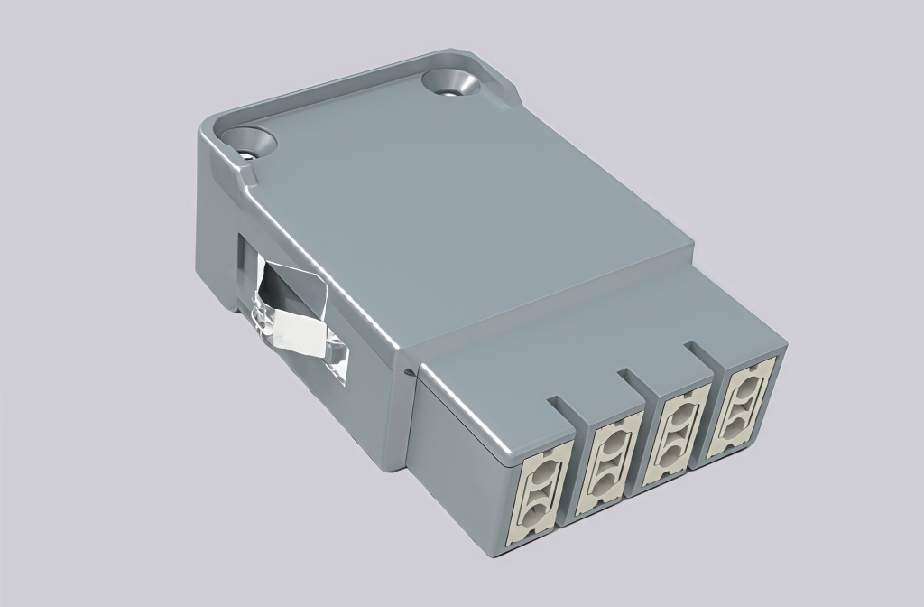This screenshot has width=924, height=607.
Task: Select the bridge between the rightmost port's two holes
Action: click(x=744, y=404)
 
